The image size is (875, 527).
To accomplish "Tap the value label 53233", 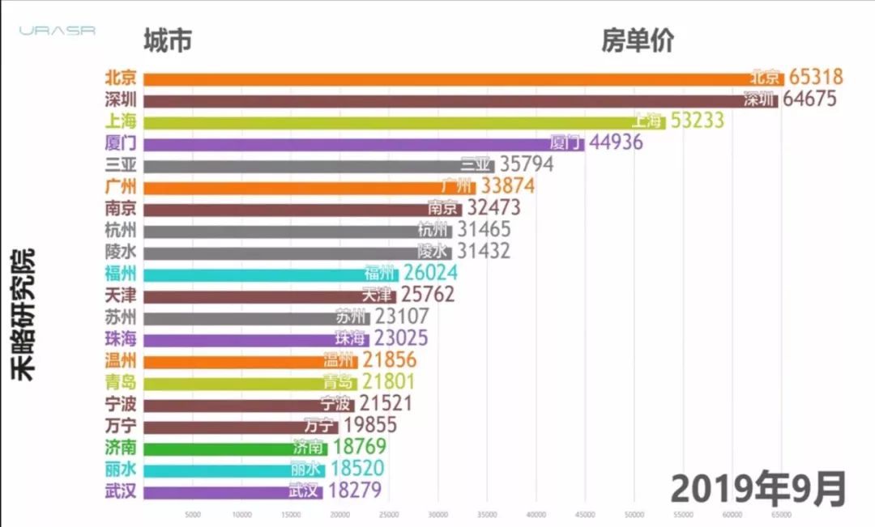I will pos(696,121).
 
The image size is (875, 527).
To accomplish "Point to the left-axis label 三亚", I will pos(120,164).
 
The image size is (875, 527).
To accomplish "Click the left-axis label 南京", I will pos(120,208).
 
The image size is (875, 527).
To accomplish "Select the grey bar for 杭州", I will pos(280,230).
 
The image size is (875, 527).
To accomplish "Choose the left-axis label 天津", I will pos(120,295).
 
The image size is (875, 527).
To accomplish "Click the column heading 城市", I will pos(168,40).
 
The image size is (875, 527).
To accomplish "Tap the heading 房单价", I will pos(637,40).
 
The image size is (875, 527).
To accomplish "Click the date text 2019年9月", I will pos(758,489).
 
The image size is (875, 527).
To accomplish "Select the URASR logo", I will pos(58,31).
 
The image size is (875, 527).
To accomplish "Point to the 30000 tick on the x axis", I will pos(438,514).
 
